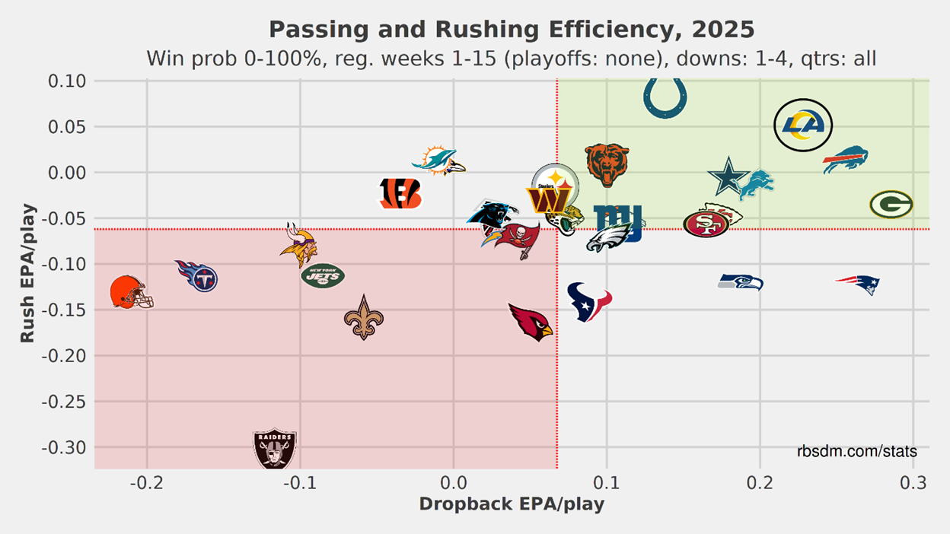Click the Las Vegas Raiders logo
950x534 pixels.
click(274, 448)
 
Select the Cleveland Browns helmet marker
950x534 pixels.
click(131, 293)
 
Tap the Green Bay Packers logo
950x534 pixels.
click(891, 204)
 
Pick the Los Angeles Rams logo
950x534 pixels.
click(803, 125)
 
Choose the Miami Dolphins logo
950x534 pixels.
click(438, 162)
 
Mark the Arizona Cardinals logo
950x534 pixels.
click(531, 322)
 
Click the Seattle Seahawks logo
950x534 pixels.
click(741, 282)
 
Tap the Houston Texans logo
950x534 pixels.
click(589, 301)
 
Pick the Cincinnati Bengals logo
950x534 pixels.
click(400, 194)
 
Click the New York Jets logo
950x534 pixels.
click(323, 275)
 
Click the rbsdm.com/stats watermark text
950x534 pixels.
click(857, 452)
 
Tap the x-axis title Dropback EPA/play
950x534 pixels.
click(512, 504)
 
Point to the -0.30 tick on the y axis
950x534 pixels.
click(64, 447)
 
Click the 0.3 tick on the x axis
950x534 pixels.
click(913, 484)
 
